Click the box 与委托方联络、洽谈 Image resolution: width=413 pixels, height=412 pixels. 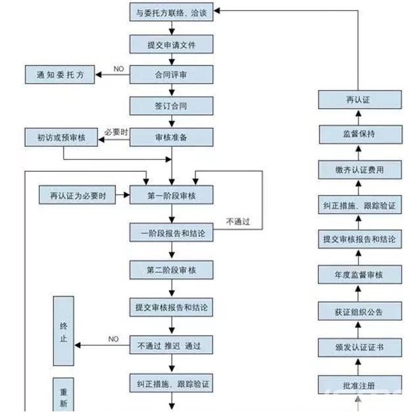coord(171,13)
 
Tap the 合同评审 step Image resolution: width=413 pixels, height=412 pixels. coord(171,74)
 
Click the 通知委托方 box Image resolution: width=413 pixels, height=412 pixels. coord(60,75)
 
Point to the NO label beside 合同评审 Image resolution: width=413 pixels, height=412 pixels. coord(119,69)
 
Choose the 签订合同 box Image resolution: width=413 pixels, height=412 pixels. coord(171,105)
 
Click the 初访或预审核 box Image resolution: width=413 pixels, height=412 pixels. coord(60,137)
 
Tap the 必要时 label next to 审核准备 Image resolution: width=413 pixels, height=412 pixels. coord(115,133)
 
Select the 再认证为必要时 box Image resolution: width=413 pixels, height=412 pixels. coord(77,195)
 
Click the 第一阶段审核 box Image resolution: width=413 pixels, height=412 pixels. coord(171,195)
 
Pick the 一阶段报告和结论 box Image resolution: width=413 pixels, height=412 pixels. coord(171,232)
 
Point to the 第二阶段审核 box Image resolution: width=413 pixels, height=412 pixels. coord(171,269)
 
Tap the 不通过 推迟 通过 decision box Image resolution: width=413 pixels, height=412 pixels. coord(171,345)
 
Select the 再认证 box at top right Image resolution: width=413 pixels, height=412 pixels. coord(359,100)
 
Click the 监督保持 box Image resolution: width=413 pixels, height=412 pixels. coord(359,135)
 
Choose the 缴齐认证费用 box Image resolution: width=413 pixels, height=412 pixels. coord(359,170)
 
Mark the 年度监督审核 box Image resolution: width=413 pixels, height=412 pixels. coord(359,275)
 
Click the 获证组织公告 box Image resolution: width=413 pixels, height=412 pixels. coord(359,311)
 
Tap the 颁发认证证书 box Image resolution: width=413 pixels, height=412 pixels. coord(359,347)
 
